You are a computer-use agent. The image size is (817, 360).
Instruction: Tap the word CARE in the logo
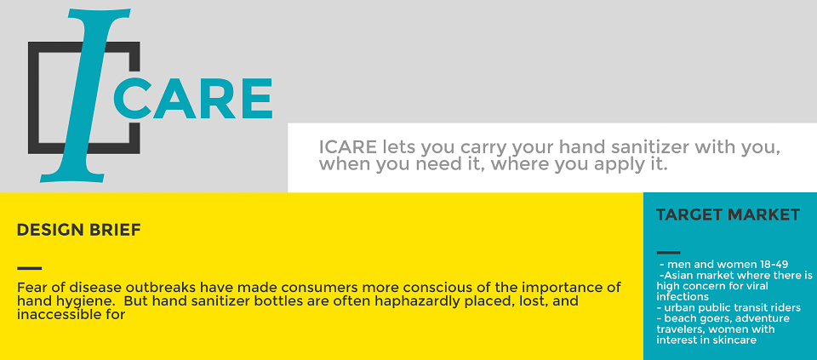point(193,99)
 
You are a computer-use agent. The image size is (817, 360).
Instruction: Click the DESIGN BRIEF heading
point(78,230)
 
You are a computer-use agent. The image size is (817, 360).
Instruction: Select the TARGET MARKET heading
point(728,214)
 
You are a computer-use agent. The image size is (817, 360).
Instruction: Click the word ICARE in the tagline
point(347,147)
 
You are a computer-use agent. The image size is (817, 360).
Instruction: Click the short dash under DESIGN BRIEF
point(29,268)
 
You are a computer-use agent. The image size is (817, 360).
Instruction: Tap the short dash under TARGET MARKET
point(669,253)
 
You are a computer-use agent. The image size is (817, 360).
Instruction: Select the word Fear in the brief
point(29,288)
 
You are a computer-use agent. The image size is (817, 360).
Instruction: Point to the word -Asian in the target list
point(677,275)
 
